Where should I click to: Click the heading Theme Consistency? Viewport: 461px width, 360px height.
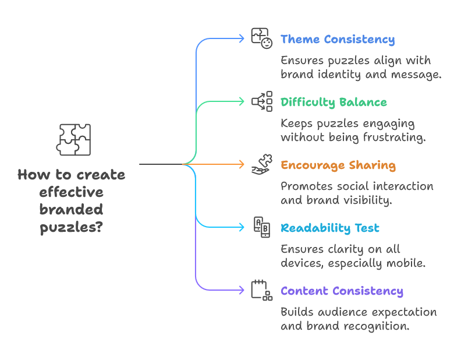[x=337, y=40]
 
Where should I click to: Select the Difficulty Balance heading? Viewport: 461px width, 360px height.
[x=334, y=103]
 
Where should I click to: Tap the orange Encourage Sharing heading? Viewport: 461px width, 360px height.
[x=338, y=165]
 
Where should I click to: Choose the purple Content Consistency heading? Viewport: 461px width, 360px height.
[x=341, y=291]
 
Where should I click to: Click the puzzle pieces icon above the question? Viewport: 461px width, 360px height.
[x=74, y=140]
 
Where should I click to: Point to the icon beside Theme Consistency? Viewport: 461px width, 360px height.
[x=262, y=38]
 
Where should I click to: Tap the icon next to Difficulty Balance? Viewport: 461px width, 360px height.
[x=262, y=101]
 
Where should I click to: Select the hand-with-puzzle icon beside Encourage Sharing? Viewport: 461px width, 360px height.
[x=262, y=164]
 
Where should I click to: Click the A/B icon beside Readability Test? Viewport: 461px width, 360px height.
[x=262, y=227]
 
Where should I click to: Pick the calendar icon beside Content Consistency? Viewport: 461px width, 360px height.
[x=262, y=290]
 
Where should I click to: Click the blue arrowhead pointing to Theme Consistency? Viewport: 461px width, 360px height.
[x=242, y=38]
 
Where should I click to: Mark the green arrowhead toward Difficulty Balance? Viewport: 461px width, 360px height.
[x=242, y=101]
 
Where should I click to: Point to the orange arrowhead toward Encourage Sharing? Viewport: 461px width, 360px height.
[x=242, y=164]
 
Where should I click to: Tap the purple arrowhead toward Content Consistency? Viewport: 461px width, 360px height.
[x=242, y=290]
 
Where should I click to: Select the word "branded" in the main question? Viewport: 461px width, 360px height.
[x=72, y=210]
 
